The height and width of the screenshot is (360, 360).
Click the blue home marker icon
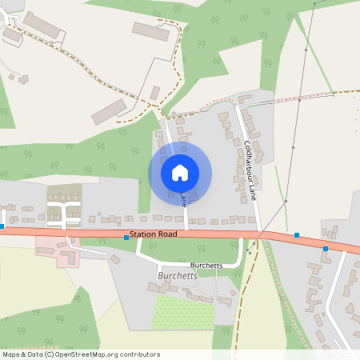[x=180, y=172]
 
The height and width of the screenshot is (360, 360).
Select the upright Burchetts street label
[x=206, y=265]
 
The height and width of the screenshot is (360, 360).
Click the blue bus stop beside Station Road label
[x=126, y=238]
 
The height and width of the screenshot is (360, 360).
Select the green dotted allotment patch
[x=182, y=311]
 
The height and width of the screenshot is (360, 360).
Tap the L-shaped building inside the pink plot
[x=66, y=257]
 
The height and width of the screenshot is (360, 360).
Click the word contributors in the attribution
[x=137, y=354]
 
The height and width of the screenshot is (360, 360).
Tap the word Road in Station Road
[x=166, y=235]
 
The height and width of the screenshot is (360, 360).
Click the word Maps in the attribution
[x=11, y=354]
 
